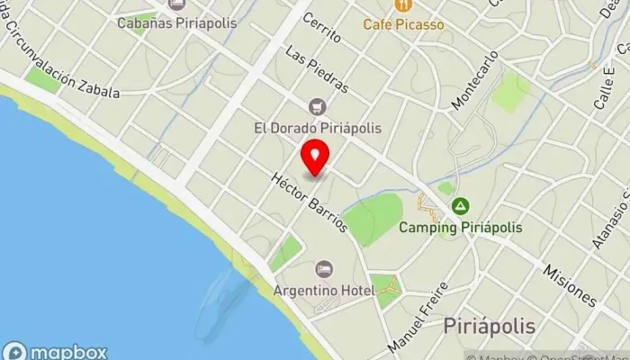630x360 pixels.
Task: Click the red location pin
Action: tap(315, 158)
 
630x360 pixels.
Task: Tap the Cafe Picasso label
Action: tap(403, 24)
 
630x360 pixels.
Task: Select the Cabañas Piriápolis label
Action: tap(177, 22)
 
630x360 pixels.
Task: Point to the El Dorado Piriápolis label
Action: tap(317, 128)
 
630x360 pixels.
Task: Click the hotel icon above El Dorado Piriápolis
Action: tap(316, 107)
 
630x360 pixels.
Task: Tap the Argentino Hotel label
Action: tap(324, 292)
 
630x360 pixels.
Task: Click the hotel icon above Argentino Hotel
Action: tap(324, 269)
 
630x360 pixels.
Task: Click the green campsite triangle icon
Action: tap(461, 207)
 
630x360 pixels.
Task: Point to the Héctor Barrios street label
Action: tap(310, 202)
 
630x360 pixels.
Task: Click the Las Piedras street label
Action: tap(315, 70)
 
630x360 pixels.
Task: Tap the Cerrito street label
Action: tap(322, 27)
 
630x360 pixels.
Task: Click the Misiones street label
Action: tap(571, 283)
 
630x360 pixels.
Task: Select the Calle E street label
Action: tap(604, 90)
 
